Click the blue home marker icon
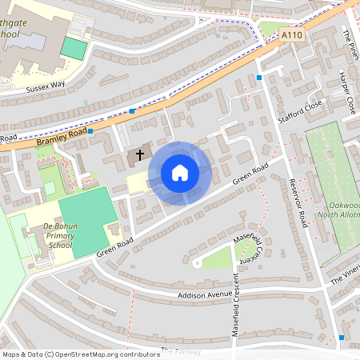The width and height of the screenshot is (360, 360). click(x=180, y=173)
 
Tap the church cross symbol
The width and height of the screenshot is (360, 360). click(x=141, y=154)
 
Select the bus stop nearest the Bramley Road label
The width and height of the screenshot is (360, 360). click(x=90, y=131)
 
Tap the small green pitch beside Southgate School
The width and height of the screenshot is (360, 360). click(x=74, y=48)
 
